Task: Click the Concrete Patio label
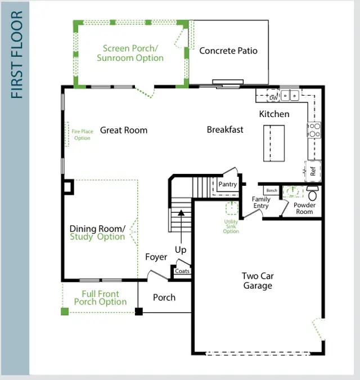point(228,51)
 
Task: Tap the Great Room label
point(124,130)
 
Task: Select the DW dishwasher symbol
point(273,95)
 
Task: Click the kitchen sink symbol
point(290,95)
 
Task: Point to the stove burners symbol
point(314,130)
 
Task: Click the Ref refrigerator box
point(313,171)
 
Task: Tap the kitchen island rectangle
point(274,143)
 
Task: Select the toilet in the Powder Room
point(312,193)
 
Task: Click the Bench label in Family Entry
point(272,190)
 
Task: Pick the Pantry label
point(228,184)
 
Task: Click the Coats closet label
point(182,271)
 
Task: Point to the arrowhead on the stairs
point(181,213)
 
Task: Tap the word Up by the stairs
point(181,249)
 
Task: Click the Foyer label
point(156,257)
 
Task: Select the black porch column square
point(139,311)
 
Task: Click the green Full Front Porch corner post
point(65,311)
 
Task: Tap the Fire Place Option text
point(82,135)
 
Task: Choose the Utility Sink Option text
point(231,226)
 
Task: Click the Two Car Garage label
point(258,281)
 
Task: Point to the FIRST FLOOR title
point(17,55)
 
